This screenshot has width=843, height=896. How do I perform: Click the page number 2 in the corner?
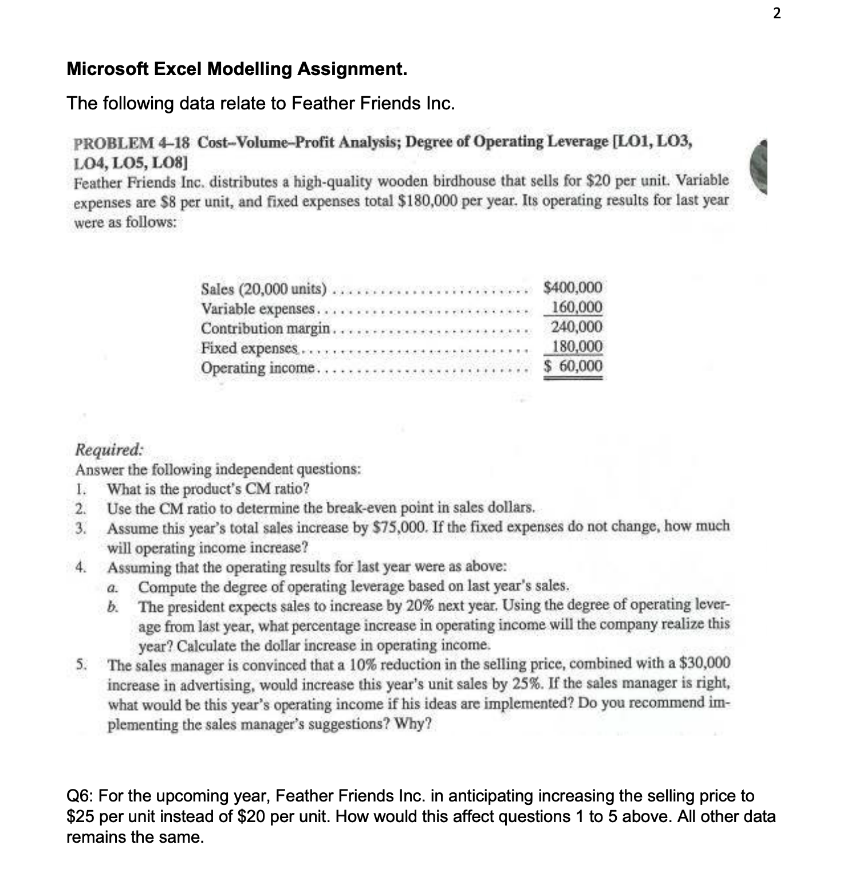(x=776, y=14)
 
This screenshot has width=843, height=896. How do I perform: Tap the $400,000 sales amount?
(x=573, y=287)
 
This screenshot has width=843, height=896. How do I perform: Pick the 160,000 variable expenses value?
(x=576, y=307)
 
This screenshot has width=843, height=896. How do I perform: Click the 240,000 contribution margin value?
(x=576, y=327)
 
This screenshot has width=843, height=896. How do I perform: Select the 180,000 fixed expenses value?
(x=577, y=347)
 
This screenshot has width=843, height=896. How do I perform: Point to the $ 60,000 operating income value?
(x=573, y=366)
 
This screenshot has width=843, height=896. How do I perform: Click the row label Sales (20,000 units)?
(x=264, y=289)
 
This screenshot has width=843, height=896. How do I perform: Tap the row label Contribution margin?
(x=266, y=328)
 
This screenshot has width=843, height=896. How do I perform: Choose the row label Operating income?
(x=258, y=368)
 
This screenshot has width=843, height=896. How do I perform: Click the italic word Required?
(x=110, y=449)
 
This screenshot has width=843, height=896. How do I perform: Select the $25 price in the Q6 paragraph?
(x=80, y=816)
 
